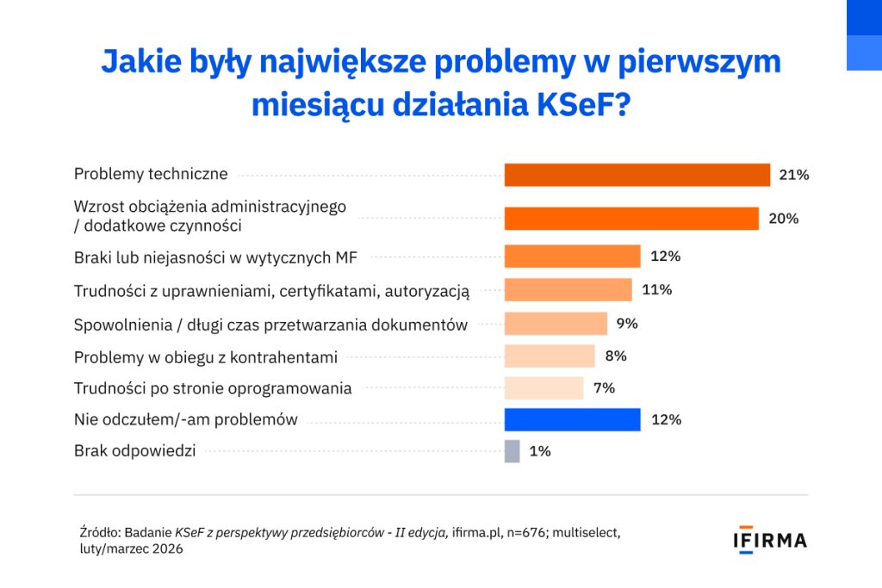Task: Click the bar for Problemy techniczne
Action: pyautogui.click(x=637, y=175)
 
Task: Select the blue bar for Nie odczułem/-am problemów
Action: pyautogui.click(x=572, y=419)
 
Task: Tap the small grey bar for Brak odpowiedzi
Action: pyautogui.click(x=512, y=451)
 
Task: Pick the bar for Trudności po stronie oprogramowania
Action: pyautogui.click(x=543, y=387)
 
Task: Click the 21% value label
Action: pyautogui.click(x=793, y=175)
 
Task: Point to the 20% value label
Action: pyautogui.click(x=783, y=219)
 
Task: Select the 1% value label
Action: pyautogui.click(x=540, y=451)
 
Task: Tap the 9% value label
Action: pyautogui.click(x=627, y=324)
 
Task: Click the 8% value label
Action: pyautogui.click(x=615, y=356)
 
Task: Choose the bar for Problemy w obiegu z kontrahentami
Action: pyautogui.click(x=550, y=356)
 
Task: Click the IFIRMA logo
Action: pyautogui.click(x=769, y=541)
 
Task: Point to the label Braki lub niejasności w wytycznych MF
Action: pyautogui.click(x=215, y=257)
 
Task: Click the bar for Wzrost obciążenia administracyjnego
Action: pyautogui.click(x=631, y=219)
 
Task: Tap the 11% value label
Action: pyautogui.click(x=656, y=289)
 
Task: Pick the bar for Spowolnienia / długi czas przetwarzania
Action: pyautogui.click(x=556, y=324)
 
